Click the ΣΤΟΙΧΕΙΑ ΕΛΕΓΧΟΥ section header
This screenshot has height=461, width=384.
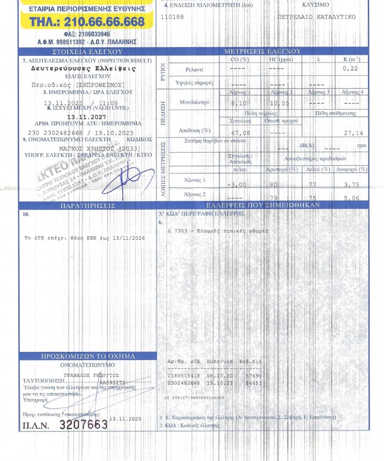coord(88,52)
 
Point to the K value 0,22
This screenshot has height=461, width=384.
coord(351,68)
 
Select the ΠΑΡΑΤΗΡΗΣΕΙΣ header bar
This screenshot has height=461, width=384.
coord(88,205)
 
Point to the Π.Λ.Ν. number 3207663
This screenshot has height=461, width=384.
coord(83,425)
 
